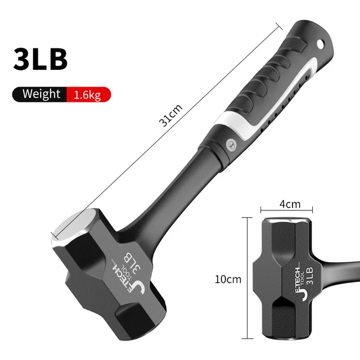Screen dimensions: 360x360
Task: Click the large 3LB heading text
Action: click(x=40, y=59)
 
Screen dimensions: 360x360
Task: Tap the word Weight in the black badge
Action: click(x=41, y=94)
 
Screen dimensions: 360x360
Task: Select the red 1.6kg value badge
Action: click(x=87, y=95)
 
